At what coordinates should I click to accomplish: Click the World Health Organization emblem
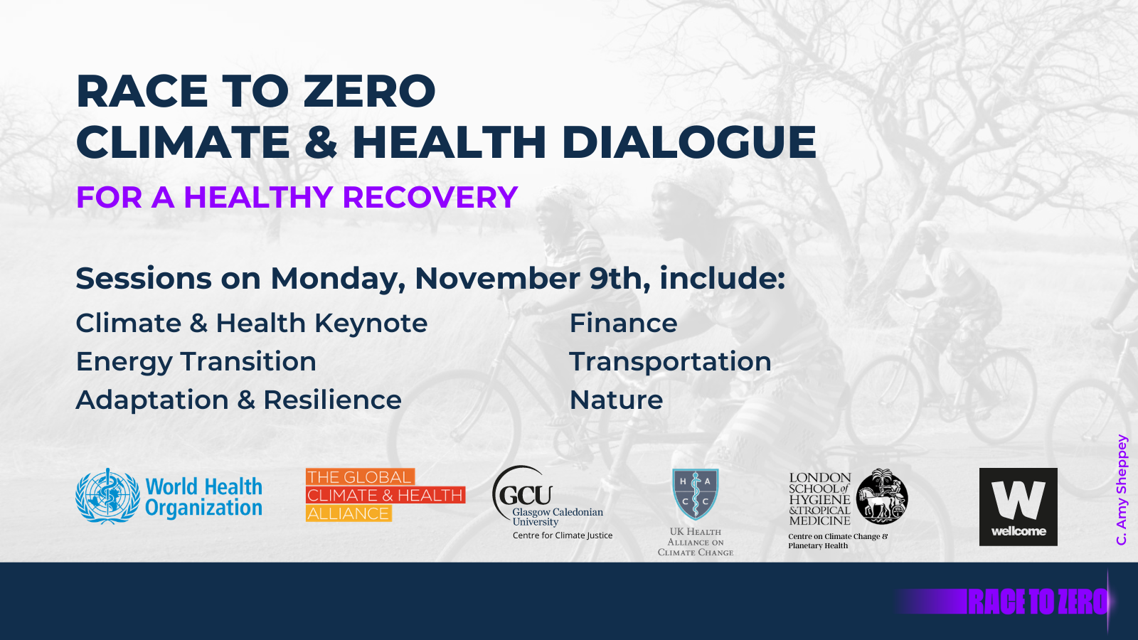click(x=107, y=496)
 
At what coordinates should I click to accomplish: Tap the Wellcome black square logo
click(x=1018, y=506)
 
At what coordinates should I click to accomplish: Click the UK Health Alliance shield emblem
click(x=695, y=494)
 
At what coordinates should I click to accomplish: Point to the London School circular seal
click(x=882, y=496)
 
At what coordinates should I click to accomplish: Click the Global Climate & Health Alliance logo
click(x=385, y=495)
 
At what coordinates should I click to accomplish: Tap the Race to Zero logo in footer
click(x=1038, y=602)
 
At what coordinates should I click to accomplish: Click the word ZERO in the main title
click(x=369, y=92)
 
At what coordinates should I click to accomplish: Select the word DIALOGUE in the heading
click(x=688, y=142)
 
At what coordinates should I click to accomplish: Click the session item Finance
click(x=623, y=324)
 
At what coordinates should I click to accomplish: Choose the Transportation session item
click(x=670, y=362)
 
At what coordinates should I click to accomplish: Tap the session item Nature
click(x=616, y=400)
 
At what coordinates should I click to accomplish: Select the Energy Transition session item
click(x=196, y=362)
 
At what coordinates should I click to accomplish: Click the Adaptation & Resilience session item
click(x=238, y=400)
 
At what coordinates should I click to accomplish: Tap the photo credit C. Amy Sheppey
click(x=1122, y=489)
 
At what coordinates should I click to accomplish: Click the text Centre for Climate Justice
click(x=562, y=535)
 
